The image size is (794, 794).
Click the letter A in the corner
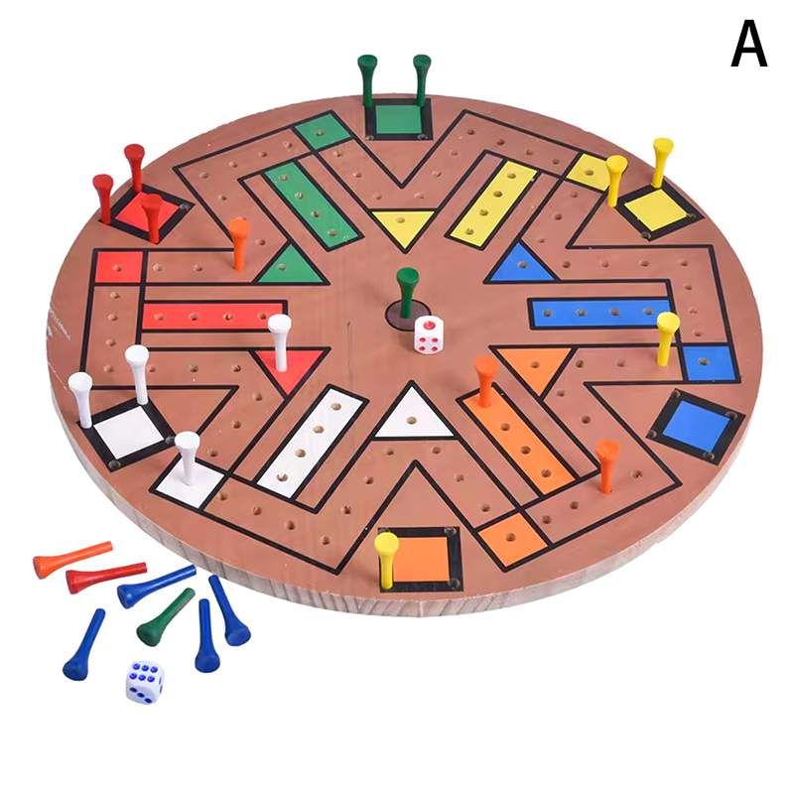749,46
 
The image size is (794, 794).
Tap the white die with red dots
430,334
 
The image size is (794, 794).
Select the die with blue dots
145,682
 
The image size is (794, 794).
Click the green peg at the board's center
407,290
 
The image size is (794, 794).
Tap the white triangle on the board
414,416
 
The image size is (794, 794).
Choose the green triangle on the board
288,266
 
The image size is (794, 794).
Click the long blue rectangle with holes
599,313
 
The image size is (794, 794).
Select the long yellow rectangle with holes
493,202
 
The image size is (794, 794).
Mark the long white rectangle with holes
310,441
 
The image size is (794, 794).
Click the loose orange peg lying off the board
71,559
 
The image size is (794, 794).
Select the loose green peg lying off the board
165,617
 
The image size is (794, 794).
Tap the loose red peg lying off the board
106,577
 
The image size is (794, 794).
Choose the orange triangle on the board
536,365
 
